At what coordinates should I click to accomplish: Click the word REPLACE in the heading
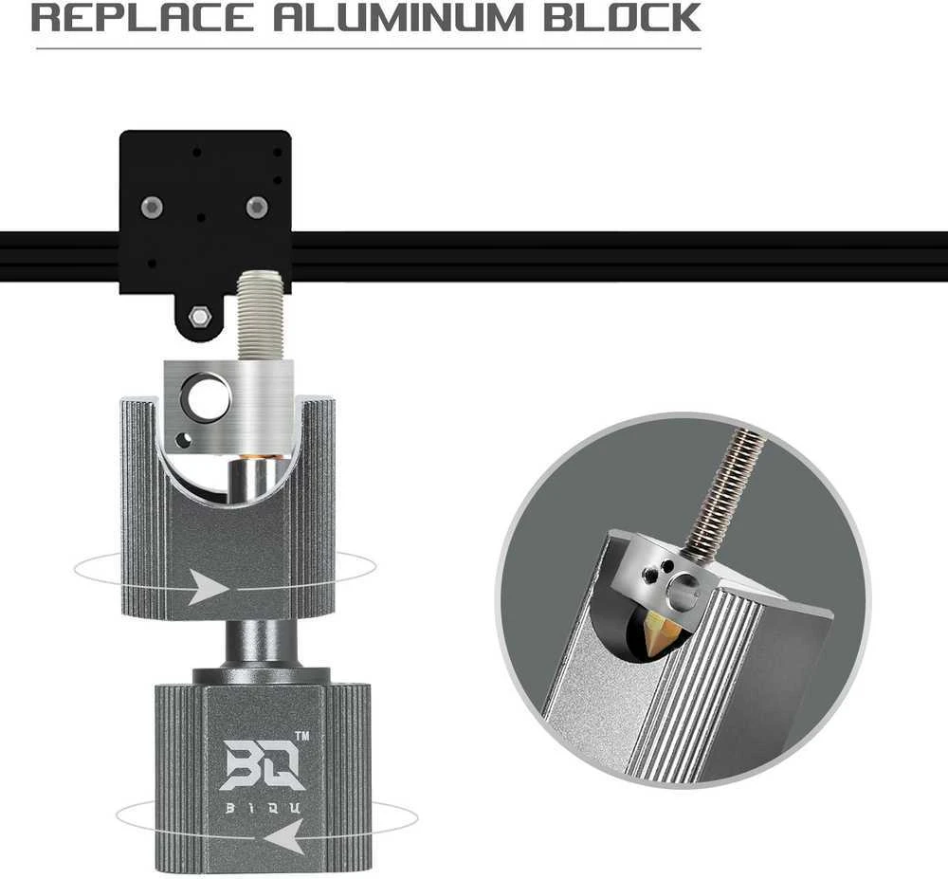(142, 17)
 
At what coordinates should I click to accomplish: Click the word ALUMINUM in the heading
(398, 17)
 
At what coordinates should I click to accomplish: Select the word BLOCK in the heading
(622, 17)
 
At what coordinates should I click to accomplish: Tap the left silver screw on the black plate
(152, 208)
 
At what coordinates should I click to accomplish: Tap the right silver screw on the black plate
(257, 208)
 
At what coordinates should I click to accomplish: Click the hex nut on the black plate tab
(199, 316)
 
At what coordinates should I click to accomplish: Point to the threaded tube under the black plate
(261, 315)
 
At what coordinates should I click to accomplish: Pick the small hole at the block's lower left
(181, 440)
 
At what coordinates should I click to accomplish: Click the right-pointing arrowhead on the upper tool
(209, 587)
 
